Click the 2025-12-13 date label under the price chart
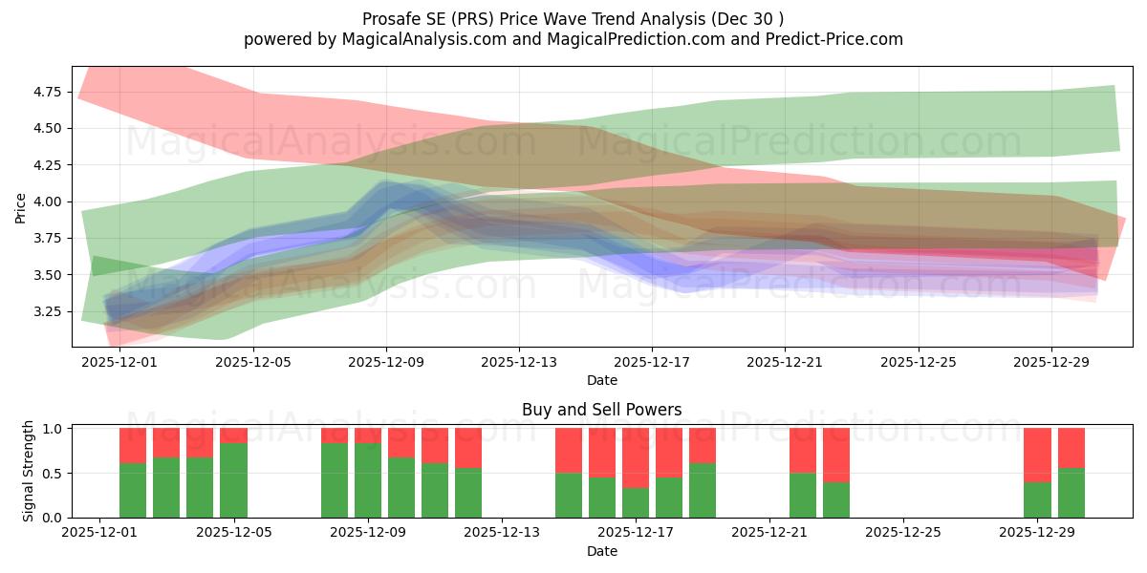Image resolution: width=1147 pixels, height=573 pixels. tap(519, 363)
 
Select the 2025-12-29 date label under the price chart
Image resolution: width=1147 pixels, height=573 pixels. tap(1050, 363)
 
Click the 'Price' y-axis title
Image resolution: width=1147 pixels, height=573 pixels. tap(21, 207)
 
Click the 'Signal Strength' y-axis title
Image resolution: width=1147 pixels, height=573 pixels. tap(29, 471)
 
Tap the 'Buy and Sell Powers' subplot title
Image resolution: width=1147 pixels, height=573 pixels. tap(601, 410)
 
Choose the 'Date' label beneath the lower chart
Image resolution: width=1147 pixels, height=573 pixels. tap(601, 551)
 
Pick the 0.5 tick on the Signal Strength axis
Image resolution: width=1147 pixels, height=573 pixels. tap(55, 473)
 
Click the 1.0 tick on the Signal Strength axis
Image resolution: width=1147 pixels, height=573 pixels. tap(55, 429)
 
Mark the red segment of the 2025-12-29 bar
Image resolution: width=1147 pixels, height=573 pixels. tap(1037, 455)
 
